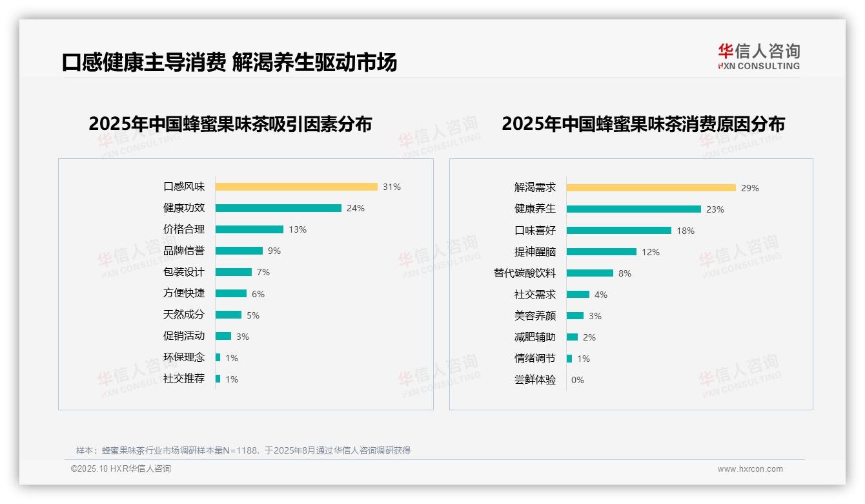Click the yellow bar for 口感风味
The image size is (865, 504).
pyautogui.click(x=296, y=187)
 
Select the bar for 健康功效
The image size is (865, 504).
pyautogui.click(x=278, y=208)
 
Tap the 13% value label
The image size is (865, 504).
pyautogui.click(x=298, y=229)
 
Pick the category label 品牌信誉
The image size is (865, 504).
pyautogui.click(x=184, y=251)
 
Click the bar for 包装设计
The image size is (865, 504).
pyautogui.click(x=234, y=272)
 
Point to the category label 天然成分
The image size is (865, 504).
pyautogui.click(x=184, y=315)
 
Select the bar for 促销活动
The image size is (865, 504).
pyautogui.click(x=223, y=336)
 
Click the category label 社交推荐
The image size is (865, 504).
pyautogui.click(x=184, y=379)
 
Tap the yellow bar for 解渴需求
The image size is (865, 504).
pyautogui.click(x=651, y=188)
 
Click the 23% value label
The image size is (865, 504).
pyautogui.click(x=715, y=209)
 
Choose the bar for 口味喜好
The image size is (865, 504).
pyautogui.click(x=619, y=231)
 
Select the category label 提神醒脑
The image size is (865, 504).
pyautogui.click(x=535, y=252)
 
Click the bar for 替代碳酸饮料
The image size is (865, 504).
pyautogui.click(x=590, y=273)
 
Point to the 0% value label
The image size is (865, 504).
pyautogui.click(x=578, y=380)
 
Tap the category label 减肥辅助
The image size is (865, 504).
pyautogui.click(x=535, y=337)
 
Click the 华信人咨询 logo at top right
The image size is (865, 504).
pyautogui.click(x=758, y=57)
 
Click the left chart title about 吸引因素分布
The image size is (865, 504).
pyautogui.click(x=230, y=123)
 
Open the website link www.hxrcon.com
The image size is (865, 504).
pyautogui.click(x=750, y=469)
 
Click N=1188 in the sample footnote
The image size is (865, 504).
pyautogui.click(x=240, y=450)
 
